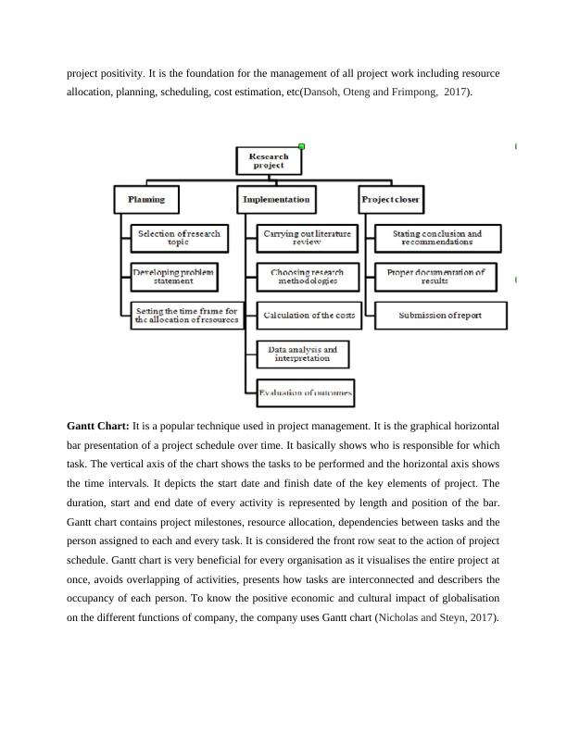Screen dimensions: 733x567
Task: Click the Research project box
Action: point(270,161)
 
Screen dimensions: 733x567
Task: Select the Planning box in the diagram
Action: point(146,199)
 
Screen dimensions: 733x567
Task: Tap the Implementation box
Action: point(276,199)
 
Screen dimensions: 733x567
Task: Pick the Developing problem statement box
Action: point(175,277)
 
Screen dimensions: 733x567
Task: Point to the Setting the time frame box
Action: point(186,316)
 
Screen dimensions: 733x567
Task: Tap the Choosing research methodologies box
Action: point(307,277)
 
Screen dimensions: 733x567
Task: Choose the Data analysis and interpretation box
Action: point(302,354)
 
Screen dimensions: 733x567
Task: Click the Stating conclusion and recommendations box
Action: point(437,238)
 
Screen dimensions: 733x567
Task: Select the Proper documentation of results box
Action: point(436,277)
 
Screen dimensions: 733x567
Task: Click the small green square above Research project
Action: point(302,146)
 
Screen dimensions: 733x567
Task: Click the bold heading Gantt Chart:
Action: point(97,426)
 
